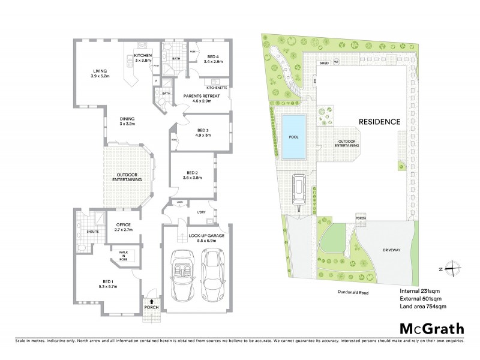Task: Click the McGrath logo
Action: pos(431,328)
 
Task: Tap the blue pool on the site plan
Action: pos(293,137)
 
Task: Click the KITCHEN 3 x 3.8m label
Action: pos(142,58)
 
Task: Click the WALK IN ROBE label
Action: pos(124,256)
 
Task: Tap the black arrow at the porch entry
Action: pos(151,302)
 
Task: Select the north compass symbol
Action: pos(456,269)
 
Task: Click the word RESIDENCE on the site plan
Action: pos(379,121)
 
